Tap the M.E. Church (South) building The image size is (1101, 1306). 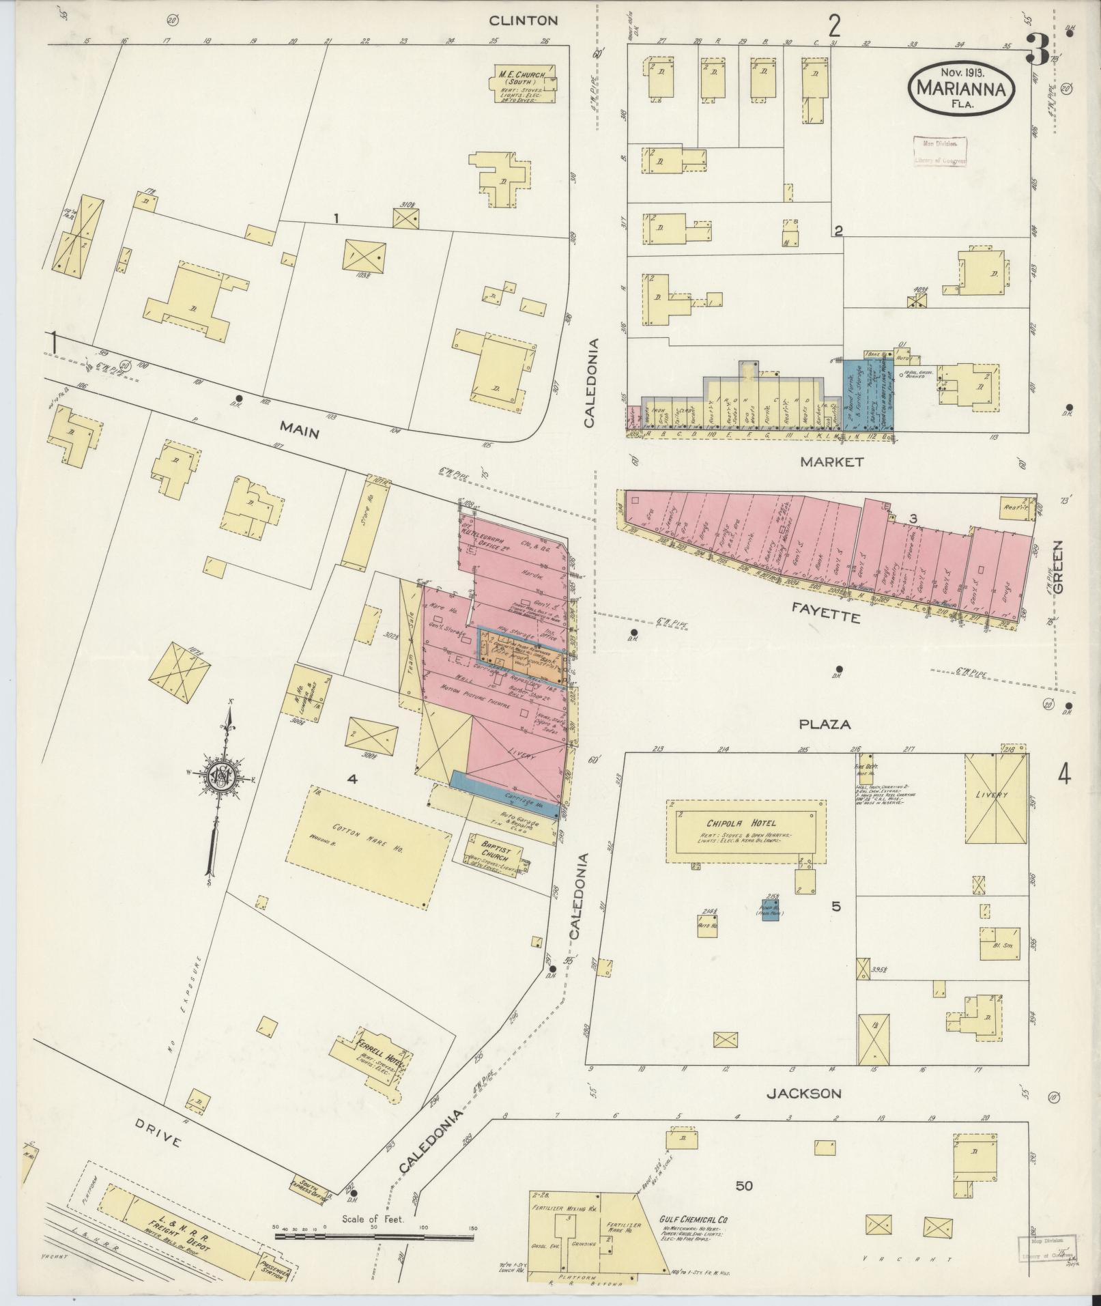point(523,84)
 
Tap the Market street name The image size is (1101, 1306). point(831,462)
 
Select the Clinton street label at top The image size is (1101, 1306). point(533,20)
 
